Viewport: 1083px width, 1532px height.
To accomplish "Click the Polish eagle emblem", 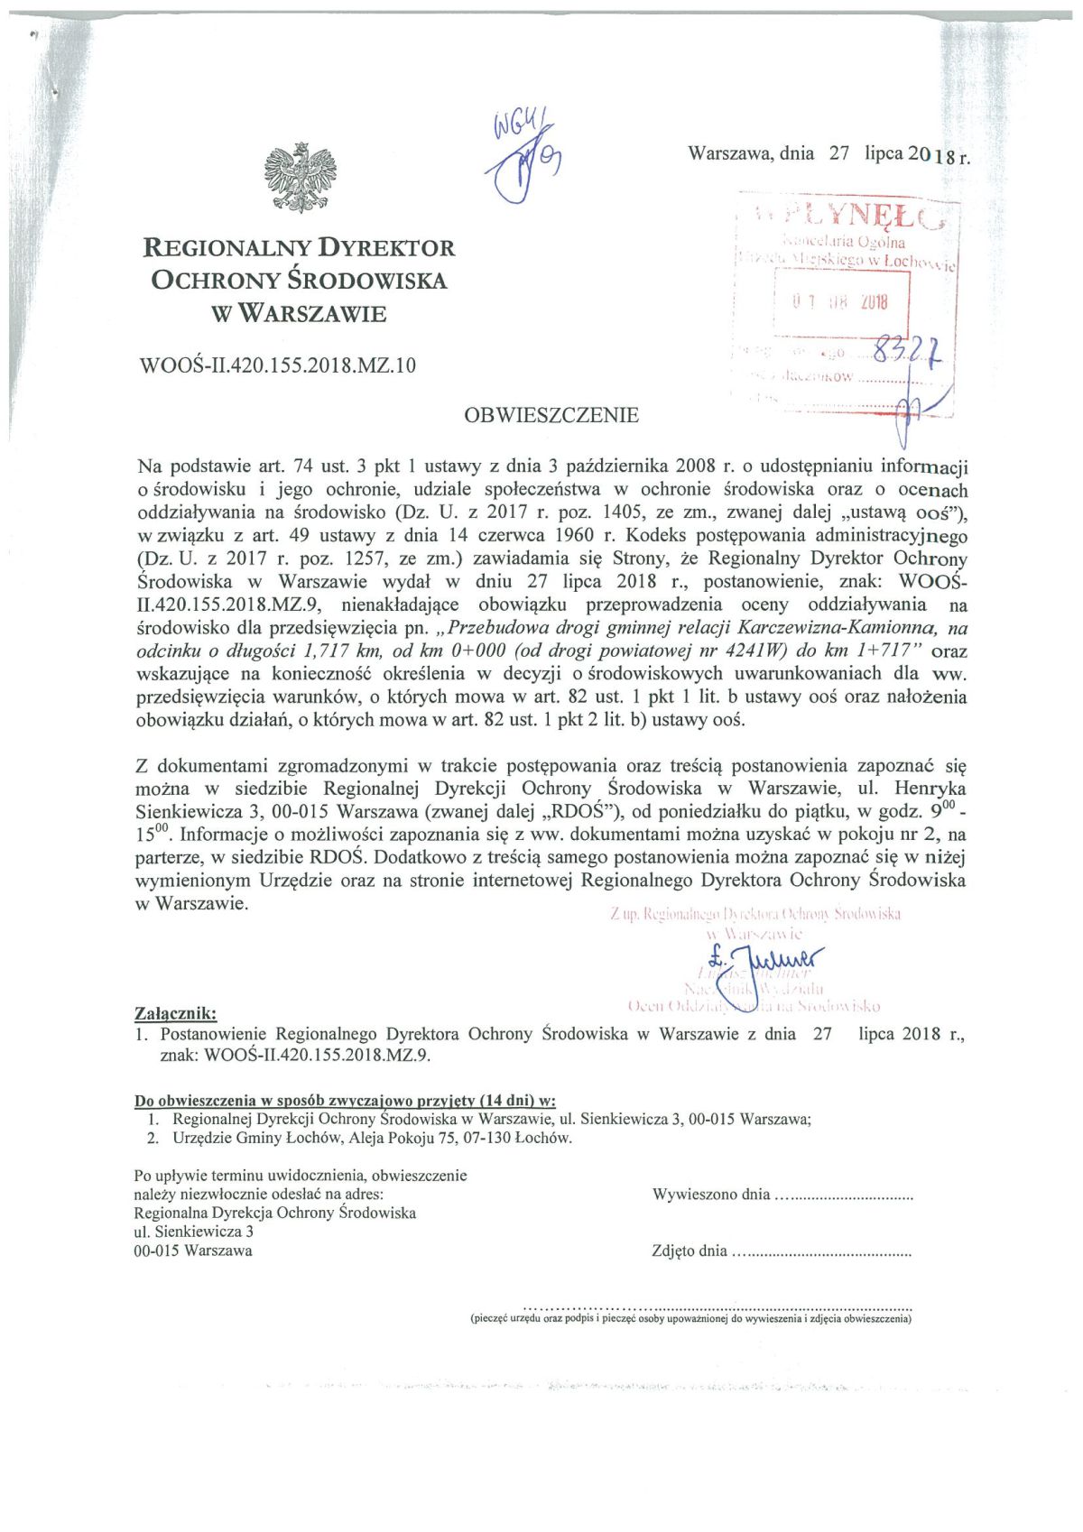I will click(x=301, y=177).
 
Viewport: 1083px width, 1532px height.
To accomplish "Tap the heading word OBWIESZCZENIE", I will click(x=551, y=416).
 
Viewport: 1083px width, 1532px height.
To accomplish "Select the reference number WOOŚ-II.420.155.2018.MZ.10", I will click(x=278, y=366).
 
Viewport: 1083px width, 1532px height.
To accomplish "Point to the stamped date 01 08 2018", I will click(x=840, y=302).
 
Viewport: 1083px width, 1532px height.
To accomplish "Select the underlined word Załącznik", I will click(x=175, y=1013).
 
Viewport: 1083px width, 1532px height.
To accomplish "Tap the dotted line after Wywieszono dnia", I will click(x=845, y=1195).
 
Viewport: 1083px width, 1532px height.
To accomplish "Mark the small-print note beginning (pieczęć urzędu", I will click(x=690, y=1318).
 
